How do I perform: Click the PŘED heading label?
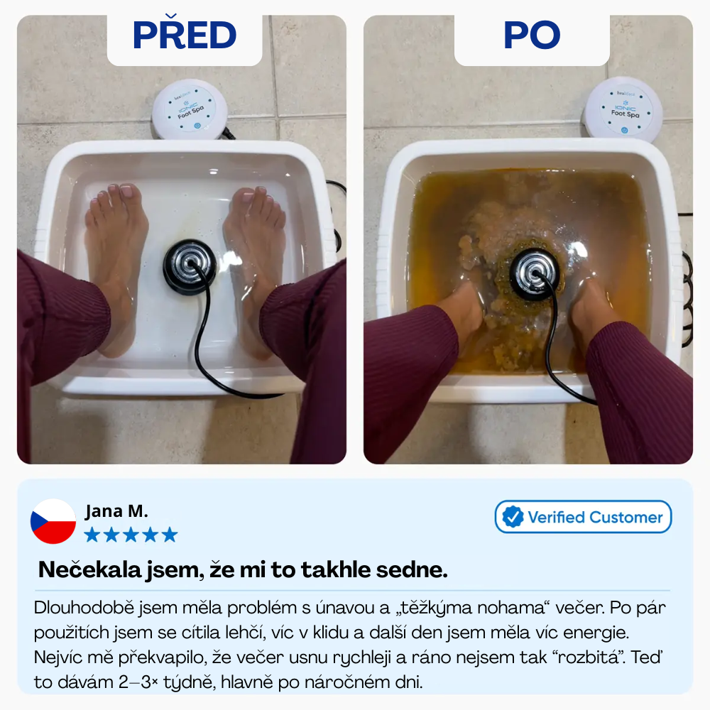185,34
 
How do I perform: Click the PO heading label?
532,35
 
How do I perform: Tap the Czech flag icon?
53,521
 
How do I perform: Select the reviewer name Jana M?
116,510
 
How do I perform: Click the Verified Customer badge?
583,517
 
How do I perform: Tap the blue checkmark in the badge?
513,517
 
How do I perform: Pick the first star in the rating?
92,535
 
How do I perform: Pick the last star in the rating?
170,535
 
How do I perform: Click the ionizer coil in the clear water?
190,266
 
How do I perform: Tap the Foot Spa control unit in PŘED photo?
190,110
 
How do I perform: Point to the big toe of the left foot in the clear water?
126,193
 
